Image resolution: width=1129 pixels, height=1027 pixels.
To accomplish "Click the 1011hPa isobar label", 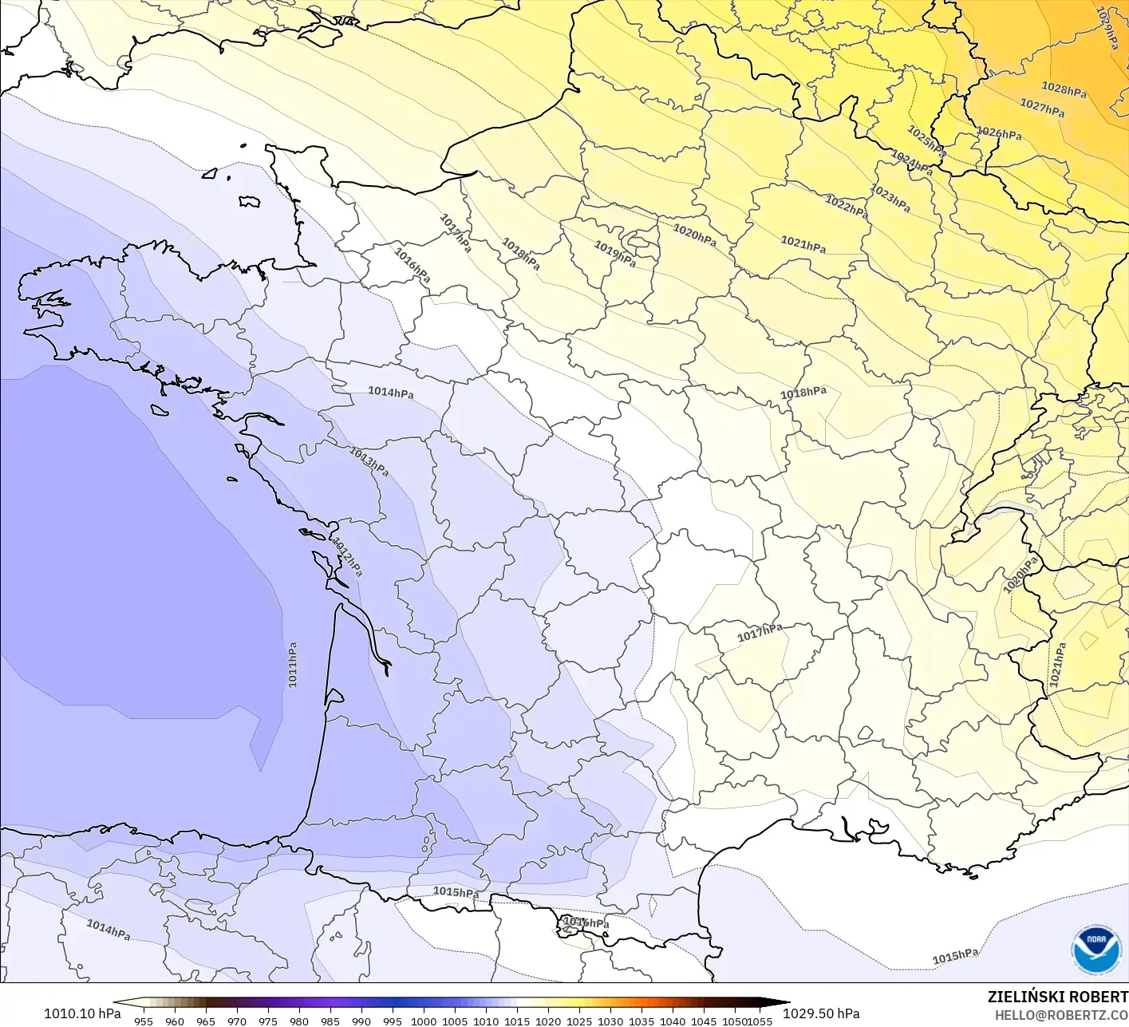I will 293,665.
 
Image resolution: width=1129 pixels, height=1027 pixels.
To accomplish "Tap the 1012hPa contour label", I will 348,557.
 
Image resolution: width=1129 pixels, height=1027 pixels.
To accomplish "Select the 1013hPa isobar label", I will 369,461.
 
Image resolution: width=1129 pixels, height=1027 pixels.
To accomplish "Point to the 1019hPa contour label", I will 615,254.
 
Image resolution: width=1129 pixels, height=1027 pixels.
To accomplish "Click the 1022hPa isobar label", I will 847,206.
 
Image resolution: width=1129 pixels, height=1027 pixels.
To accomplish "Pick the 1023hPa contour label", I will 890,198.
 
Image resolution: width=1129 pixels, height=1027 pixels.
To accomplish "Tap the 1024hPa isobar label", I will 912,163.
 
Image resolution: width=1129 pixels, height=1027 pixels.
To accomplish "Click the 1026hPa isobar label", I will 999,133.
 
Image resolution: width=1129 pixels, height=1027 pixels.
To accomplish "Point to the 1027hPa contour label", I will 1042,107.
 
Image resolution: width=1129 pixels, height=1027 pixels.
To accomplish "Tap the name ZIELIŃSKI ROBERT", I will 1057,997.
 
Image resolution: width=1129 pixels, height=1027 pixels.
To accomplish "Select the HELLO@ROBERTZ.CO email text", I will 1061,1014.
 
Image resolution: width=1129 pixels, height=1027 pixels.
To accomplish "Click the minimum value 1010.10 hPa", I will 82,1013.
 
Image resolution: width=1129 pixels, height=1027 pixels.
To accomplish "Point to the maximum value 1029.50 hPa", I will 821,1013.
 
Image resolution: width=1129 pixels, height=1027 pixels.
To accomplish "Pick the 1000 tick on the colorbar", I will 424,1021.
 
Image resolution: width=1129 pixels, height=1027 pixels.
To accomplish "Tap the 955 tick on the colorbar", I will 144,1021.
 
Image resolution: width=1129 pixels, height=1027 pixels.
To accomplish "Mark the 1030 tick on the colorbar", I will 610,1021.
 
